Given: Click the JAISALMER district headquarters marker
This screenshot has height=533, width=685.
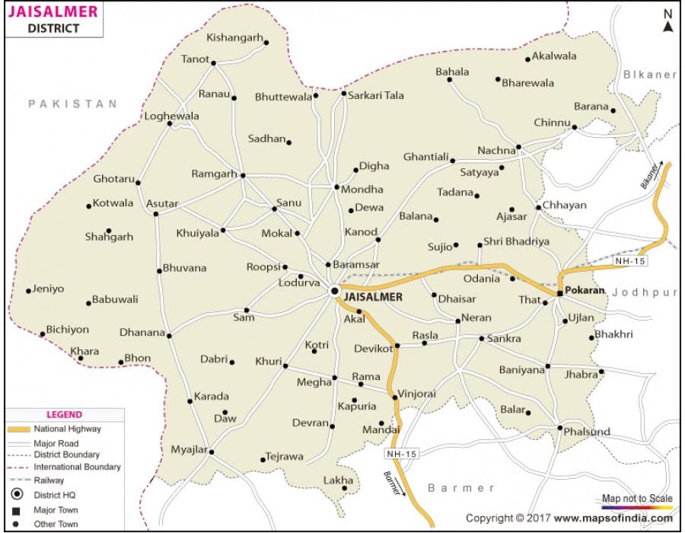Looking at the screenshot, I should pos(334,291).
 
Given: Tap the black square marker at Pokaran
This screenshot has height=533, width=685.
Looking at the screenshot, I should pos(559,293).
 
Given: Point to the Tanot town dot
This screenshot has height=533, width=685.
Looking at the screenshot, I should pos(214,63).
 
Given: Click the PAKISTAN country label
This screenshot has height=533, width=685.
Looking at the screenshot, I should pos(73,104).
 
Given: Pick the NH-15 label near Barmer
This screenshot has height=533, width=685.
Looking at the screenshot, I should pos(403,454).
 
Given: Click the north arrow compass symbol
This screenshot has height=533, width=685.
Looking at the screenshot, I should pos(667,21).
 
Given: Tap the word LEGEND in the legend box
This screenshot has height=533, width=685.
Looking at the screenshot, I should pos(64,415).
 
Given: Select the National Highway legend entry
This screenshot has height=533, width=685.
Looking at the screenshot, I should pos(67,429).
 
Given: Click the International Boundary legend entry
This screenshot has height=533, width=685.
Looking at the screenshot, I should pos(77,467).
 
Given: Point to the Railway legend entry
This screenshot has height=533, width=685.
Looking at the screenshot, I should pos(49,480).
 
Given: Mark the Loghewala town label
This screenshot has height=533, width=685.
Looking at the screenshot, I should pos(172,116).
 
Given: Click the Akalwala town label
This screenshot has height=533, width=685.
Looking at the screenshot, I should pos(554,56).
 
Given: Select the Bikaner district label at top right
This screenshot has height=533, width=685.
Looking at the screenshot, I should pos(649,75).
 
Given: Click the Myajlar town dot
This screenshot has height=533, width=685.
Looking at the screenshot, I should pos(212,452).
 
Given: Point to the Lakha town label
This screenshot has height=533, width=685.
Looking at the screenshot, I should pos(338,480).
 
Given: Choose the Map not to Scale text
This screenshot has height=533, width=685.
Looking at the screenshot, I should pos(637,499).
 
